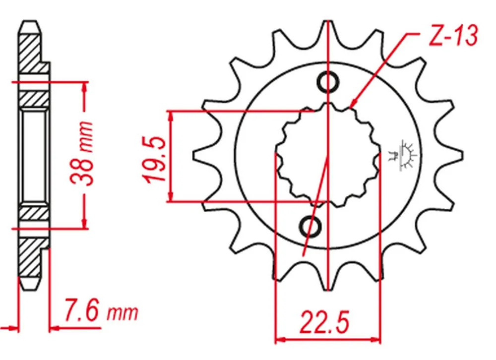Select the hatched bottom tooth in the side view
tap(30, 260)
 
